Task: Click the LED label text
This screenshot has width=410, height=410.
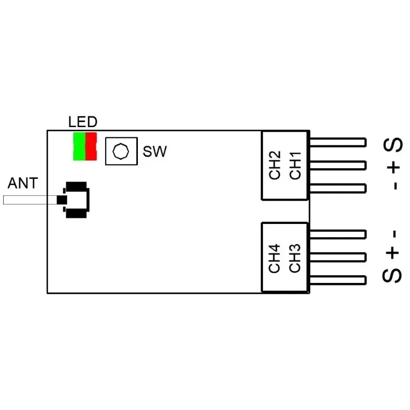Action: [83, 122]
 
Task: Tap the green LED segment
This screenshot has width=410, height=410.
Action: [79, 146]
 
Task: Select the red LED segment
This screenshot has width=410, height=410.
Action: [91, 146]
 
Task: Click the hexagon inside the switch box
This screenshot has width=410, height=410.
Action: [120, 151]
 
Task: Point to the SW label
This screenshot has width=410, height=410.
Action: [154, 152]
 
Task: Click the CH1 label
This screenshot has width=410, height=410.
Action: [295, 165]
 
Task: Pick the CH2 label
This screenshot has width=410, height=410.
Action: [275, 165]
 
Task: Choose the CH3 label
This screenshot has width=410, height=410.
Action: [295, 258]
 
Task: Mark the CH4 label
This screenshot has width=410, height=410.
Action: [275, 258]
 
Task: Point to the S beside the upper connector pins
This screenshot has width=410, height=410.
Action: [394, 146]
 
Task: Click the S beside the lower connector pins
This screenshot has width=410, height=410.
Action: [392, 275]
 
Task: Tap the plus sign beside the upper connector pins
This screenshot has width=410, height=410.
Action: [394, 167]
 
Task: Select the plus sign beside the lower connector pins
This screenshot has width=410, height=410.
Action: [392, 253]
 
